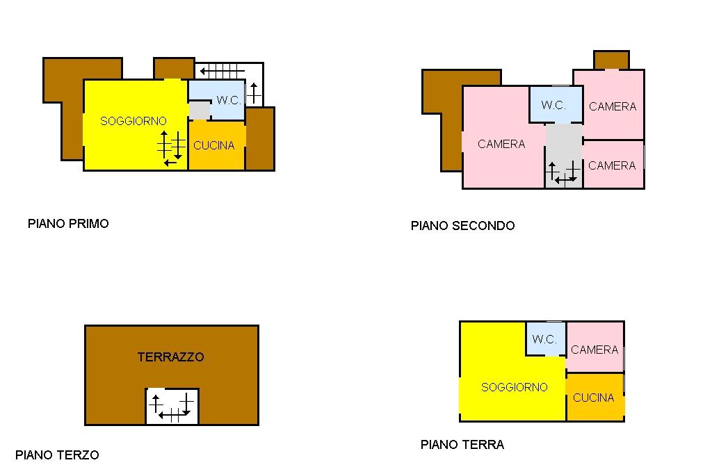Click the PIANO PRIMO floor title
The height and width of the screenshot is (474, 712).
click(x=68, y=223)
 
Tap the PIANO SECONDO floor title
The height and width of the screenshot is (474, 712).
click(x=462, y=226)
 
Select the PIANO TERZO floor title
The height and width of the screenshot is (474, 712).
click(x=57, y=455)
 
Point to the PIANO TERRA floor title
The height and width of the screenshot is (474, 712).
click(x=462, y=445)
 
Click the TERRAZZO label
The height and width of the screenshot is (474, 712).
click(x=171, y=357)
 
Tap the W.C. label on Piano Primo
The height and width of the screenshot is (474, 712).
click(x=229, y=100)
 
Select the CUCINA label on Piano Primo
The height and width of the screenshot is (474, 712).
click(x=214, y=145)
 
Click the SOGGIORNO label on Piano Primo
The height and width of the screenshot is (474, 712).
click(x=133, y=121)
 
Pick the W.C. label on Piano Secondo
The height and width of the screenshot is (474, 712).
click(x=553, y=106)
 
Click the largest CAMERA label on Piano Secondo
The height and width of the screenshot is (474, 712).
click(x=501, y=144)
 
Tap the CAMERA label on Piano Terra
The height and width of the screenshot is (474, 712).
click(x=594, y=350)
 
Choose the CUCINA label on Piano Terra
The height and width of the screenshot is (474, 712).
click(x=594, y=398)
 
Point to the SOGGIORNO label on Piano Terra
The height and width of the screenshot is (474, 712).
click(x=514, y=387)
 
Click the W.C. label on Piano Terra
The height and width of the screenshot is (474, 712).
click(x=544, y=339)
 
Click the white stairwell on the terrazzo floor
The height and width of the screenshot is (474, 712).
click(x=172, y=407)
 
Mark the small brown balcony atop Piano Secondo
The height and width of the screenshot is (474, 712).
click(x=611, y=60)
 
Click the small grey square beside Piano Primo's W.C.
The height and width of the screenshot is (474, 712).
click(x=200, y=111)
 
